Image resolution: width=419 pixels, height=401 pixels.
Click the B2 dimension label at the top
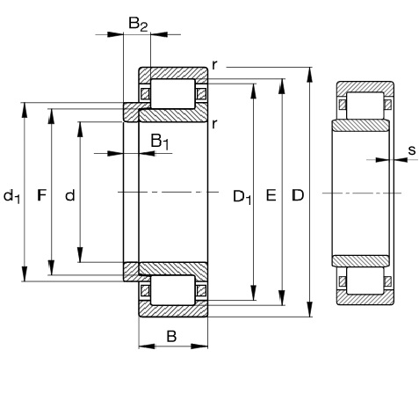pos(138,24)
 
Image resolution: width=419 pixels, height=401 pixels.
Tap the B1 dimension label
pos(160,142)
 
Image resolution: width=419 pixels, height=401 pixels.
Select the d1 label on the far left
pos(11,196)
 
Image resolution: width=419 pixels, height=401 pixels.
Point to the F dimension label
pos(42,195)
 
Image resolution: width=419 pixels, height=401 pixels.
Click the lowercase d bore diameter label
pos(70,195)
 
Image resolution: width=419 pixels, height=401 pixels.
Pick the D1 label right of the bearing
pos(242,197)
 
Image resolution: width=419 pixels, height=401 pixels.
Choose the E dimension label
pos(271,195)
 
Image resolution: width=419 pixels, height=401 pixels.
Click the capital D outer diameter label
pos(298,195)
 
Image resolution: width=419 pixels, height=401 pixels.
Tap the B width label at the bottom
pos(171,336)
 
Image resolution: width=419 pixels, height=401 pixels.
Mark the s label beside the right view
pos(412,150)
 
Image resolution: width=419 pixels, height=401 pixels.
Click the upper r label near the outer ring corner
pos(214,65)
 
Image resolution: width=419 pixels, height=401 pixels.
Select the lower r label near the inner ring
pos(214,124)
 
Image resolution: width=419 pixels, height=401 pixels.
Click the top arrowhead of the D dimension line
pos(310,75)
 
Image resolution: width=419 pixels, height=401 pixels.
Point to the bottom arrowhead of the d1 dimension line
pos(25,273)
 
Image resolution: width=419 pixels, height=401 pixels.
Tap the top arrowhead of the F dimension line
pos(52,116)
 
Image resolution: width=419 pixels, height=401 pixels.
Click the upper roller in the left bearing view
pos(172,93)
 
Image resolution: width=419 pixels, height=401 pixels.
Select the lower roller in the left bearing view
pos(172,290)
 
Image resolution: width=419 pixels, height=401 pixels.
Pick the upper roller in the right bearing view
pos(365,106)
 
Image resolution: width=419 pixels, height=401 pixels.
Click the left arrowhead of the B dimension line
pos(147,346)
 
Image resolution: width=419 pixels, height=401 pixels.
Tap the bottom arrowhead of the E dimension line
pos(282,297)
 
